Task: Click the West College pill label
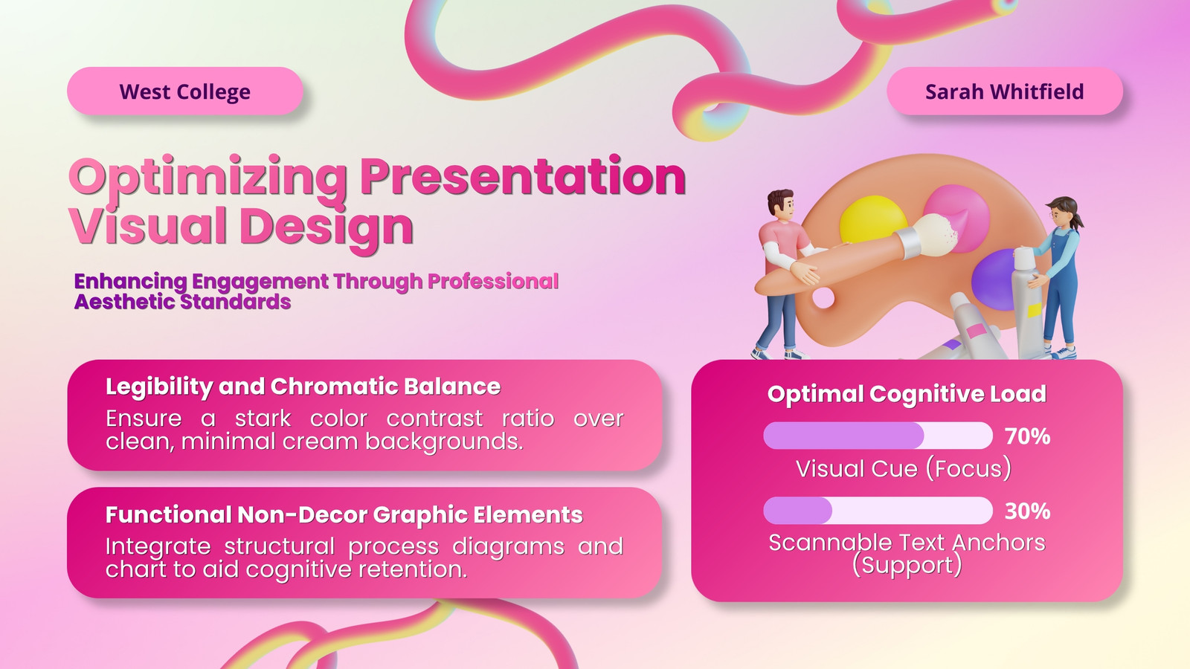click(185, 91)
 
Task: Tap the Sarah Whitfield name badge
click(1005, 91)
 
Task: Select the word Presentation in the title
click(523, 177)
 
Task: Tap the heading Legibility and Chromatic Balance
click(303, 387)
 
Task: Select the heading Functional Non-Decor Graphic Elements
click(344, 514)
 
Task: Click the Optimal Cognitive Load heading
click(907, 394)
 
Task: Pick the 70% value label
click(1027, 436)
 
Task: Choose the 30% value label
click(1027, 511)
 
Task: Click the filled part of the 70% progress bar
click(843, 436)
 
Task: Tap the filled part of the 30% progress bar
click(797, 510)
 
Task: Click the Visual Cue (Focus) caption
click(904, 469)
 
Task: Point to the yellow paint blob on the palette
click(873, 219)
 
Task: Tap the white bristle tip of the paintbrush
click(939, 233)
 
